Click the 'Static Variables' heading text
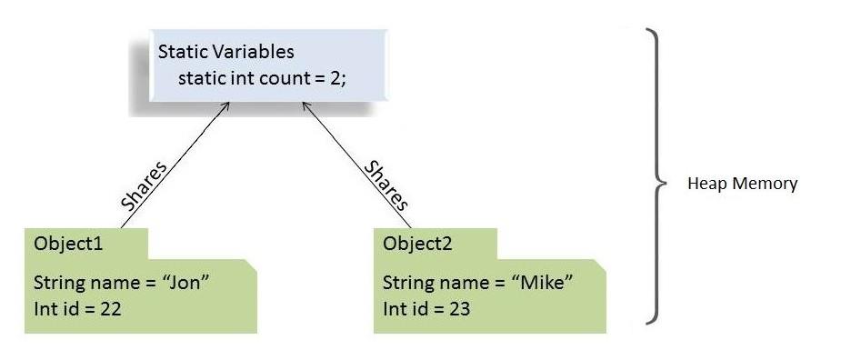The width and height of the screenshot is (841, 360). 225,52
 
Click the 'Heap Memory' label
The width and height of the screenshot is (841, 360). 742,185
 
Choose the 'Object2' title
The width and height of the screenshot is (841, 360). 417,245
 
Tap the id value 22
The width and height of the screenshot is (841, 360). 110,308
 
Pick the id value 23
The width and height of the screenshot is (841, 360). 459,308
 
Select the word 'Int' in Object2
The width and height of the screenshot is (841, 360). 394,308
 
